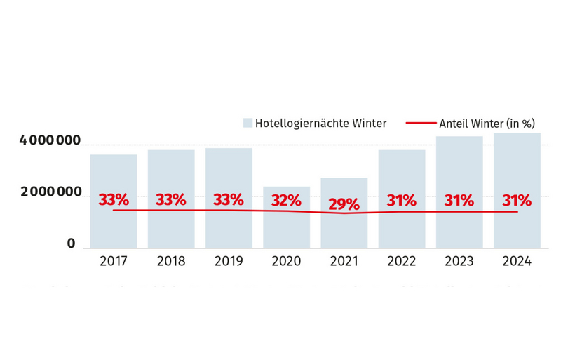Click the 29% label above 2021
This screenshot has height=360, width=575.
(344, 204)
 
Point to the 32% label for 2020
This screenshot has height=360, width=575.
(286, 200)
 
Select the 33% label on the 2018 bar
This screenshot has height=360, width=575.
(171, 200)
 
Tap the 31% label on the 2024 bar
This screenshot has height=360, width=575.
(517, 200)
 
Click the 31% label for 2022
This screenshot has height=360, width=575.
(402, 200)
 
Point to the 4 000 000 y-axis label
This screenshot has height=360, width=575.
(50, 142)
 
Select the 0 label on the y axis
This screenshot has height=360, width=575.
(71, 244)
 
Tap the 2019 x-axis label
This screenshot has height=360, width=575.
(229, 261)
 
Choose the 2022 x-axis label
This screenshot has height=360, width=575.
(402, 261)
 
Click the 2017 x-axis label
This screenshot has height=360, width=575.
(114, 261)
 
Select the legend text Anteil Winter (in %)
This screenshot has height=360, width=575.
(487, 124)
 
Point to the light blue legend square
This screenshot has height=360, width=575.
(248, 124)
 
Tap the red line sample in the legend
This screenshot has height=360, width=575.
(421, 124)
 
